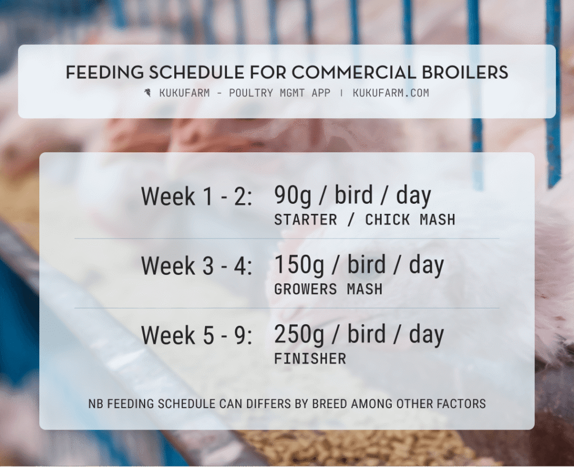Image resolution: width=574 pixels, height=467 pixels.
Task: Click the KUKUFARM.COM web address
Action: [391, 93]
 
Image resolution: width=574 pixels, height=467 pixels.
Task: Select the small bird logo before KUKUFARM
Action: [148, 93]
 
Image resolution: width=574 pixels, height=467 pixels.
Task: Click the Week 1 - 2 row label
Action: [197, 197]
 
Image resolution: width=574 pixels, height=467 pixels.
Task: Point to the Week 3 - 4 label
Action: [197, 266]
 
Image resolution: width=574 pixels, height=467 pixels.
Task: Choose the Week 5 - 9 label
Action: [197, 335]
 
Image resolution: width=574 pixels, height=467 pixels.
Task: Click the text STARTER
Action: [305, 220]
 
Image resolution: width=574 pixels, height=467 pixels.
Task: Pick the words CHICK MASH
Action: [410, 220]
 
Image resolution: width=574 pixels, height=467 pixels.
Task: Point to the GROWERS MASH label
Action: [328, 289]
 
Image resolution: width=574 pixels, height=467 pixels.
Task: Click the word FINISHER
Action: [310, 358]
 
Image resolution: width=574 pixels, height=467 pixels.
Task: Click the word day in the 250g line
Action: [426, 334]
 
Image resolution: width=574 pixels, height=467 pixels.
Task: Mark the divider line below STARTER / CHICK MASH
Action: [286, 239]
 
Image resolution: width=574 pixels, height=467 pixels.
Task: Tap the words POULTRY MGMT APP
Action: [280, 93]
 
